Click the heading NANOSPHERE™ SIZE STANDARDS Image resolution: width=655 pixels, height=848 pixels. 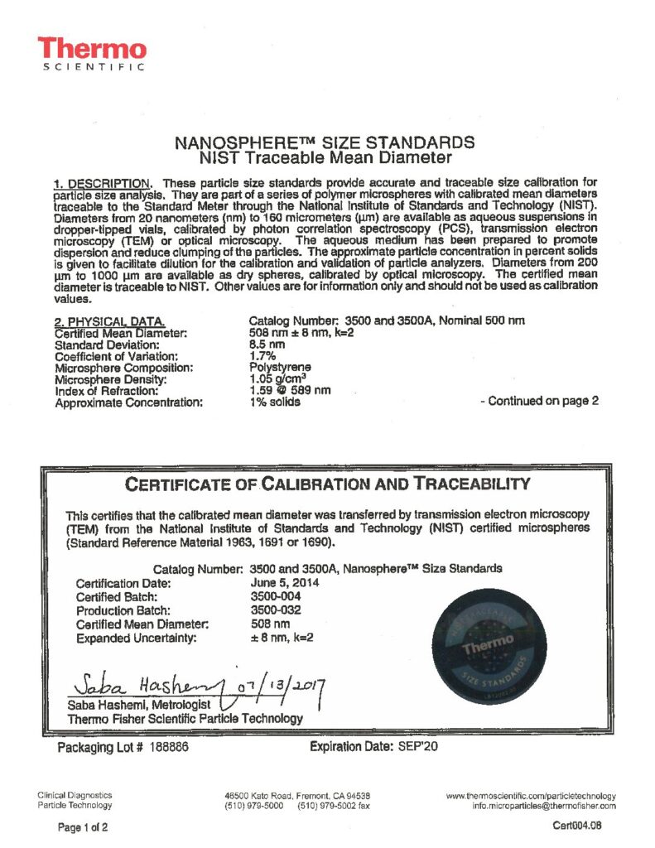[x=326, y=142]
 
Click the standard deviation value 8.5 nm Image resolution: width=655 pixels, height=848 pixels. [x=267, y=344]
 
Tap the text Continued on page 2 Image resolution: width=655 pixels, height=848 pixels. [x=539, y=402]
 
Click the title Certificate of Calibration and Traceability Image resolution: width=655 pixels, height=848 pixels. [x=326, y=484]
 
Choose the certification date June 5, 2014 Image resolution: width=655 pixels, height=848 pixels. [x=286, y=582]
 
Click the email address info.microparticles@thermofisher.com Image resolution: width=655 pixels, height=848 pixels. [x=543, y=805]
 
